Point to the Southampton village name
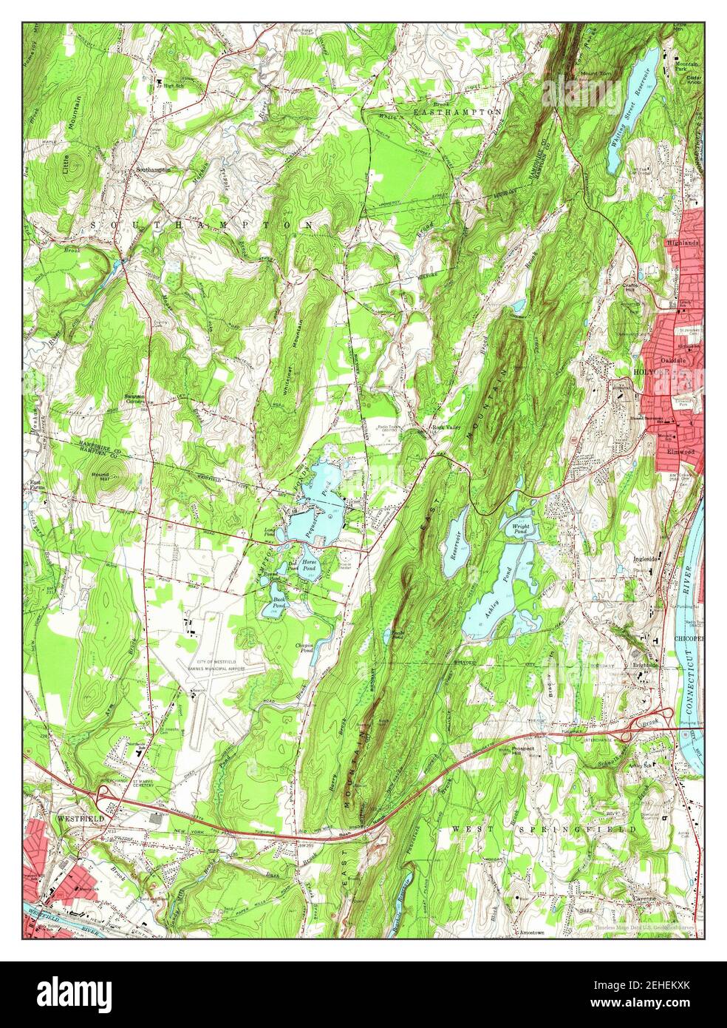click(152, 169)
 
